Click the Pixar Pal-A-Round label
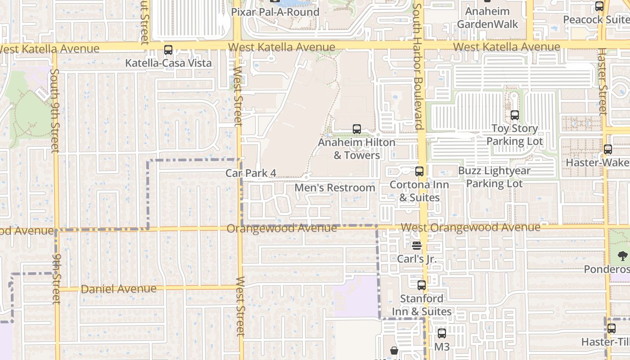tap(275, 12)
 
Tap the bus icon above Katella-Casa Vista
tap(168, 50)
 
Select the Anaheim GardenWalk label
tap(488, 18)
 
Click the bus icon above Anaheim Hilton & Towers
tap(357, 129)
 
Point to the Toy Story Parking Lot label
tap(514, 135)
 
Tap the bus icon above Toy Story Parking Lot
tap(514, 115)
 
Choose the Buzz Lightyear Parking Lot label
tap(494, 177)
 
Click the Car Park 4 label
tap(251, 173)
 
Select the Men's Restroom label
tap(335, 188)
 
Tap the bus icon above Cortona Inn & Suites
tap(419, 171)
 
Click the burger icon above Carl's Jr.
tap(417, 246)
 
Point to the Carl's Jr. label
tap(417, 259)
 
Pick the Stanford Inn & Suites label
tap(422, 305)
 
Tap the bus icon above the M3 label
tap(442, 333)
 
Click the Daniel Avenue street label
tap(119, 289)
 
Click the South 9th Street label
tap(55, 111)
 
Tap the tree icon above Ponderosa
tap(623, 256)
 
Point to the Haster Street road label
tap(602, 81)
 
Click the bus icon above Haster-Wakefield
tap(608, 149)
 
